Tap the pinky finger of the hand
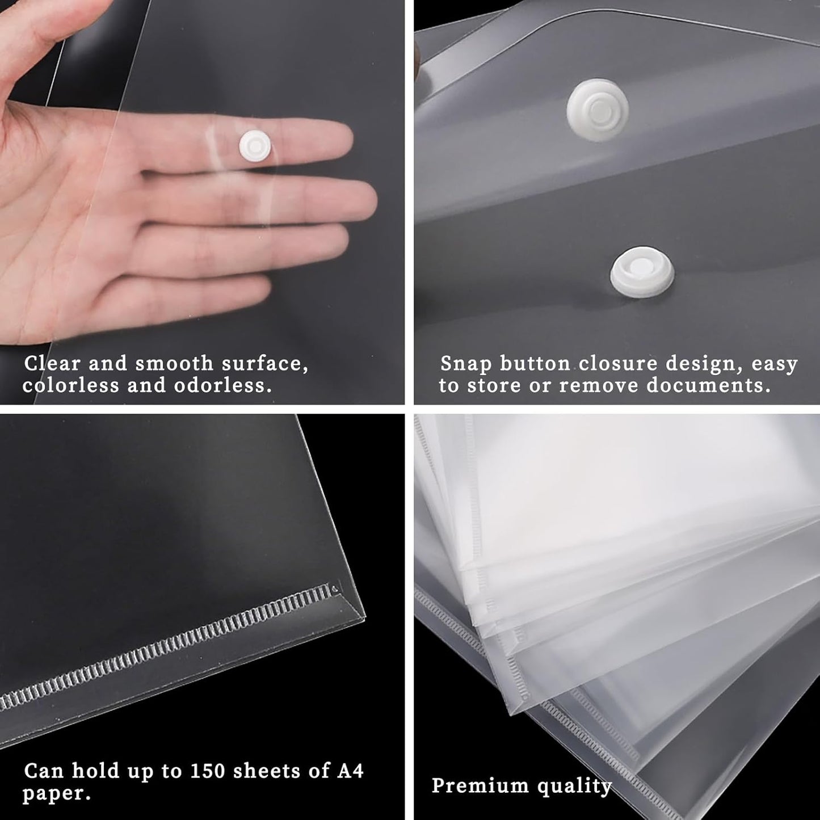tap(227, 295)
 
